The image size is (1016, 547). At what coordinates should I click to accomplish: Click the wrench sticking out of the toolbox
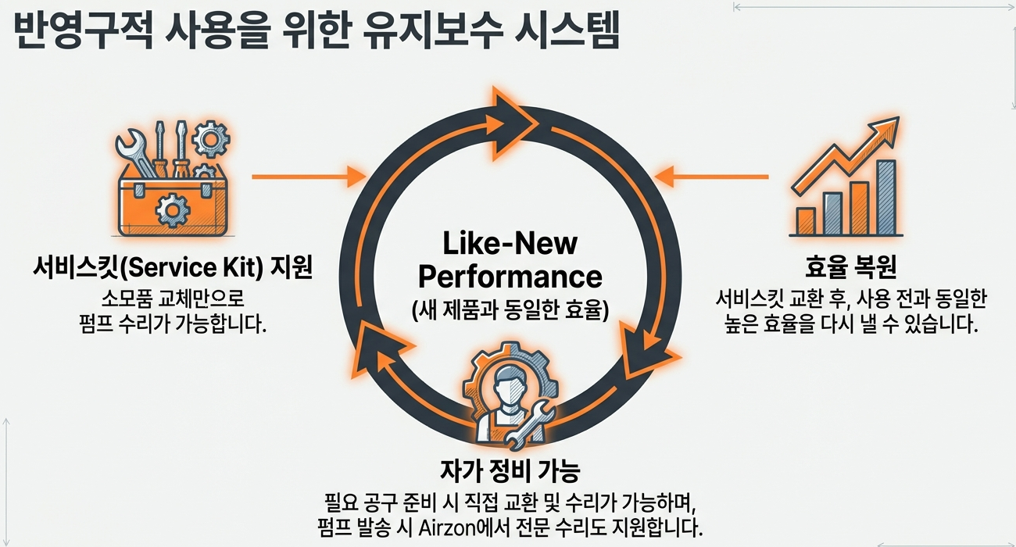(x=134, y=152)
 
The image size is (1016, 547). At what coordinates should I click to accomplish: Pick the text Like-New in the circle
(x=510, y=244)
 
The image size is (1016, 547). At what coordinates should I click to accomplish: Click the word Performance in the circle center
(x=510, y=277)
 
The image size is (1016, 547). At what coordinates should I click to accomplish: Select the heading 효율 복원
(x=850, y=267)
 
